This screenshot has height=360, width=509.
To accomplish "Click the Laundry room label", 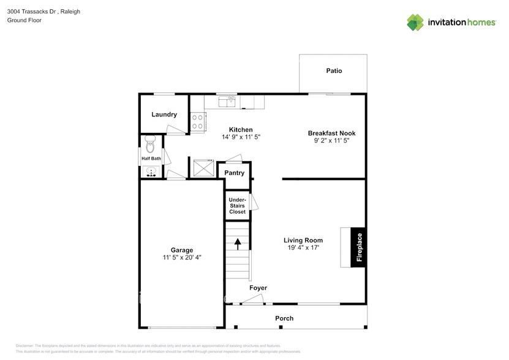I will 164,114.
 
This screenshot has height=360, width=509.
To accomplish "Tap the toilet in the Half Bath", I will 151,145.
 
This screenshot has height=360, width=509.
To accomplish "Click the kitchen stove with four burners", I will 197,121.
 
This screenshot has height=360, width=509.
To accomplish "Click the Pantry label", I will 234,173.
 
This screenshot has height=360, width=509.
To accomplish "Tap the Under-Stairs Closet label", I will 237,206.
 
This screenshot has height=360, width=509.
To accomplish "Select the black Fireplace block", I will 359,247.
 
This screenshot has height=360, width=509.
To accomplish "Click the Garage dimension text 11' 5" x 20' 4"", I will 182,258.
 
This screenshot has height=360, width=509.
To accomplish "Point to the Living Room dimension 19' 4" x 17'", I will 303,248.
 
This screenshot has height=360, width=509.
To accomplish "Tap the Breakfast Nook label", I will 331,133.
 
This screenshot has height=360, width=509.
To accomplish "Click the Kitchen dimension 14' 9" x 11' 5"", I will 241,137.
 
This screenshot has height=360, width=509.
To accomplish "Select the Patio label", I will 334,71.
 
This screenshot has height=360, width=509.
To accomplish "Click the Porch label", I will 284,318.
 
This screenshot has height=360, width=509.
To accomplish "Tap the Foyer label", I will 258,288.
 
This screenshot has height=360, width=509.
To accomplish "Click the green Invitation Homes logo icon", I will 415,22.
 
